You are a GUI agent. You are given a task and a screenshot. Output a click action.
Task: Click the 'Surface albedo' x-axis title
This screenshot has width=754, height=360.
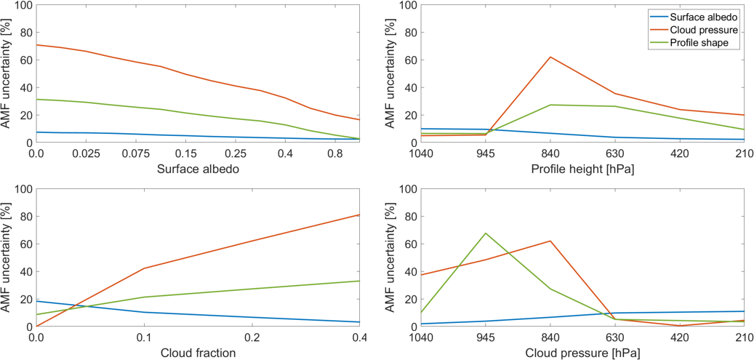pyautogui.click(x=198, y=169)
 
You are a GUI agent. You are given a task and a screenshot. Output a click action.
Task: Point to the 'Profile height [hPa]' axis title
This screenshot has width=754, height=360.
pyautogui.click(x=587, y=169)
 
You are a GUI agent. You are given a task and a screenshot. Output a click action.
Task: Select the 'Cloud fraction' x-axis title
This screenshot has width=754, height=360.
pyautogui.click(x=198, y=353)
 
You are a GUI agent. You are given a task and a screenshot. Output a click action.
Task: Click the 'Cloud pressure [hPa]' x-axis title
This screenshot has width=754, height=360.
pyautogui.click(x=587, y=353)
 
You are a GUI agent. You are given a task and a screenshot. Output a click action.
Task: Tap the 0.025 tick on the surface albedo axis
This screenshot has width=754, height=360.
pyautogui.click(x=87, y=154)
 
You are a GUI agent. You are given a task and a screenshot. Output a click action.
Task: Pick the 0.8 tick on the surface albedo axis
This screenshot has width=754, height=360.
pyautogui.click(x=335, y=154)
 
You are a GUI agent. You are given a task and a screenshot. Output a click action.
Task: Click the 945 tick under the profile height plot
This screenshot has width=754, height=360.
pyautogui.click(x=486, y=154)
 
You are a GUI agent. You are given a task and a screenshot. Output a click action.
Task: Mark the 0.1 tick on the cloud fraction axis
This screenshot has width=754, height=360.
pyautogui.click(x=144, y=338)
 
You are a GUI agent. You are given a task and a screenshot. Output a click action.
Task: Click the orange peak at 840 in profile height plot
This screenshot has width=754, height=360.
pyautogui.click(x=550, y=57)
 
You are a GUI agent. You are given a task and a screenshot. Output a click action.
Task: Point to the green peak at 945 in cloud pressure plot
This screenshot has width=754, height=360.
pyautogui.click(x=486, y=233)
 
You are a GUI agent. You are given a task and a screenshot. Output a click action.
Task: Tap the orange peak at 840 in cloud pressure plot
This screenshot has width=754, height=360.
pyautogui.click(x=550, y=241)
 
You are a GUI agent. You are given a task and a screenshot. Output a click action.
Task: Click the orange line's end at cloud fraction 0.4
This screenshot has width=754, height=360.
pyautogui.click(x=360, y=215)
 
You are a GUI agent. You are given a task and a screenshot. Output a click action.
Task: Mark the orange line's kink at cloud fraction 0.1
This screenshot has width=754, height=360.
pyautogui.click(x=144, y=268)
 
